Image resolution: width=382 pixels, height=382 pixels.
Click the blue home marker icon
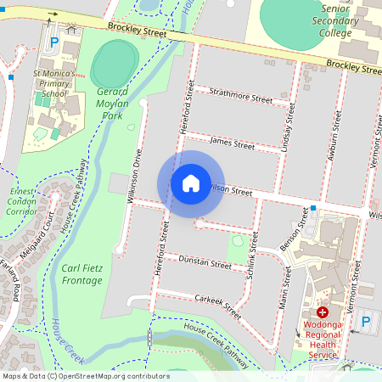tap(191, 183)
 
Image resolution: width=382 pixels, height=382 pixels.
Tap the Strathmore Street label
tap(240, 96)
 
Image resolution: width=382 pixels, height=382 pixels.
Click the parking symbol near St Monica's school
tap(55, 42)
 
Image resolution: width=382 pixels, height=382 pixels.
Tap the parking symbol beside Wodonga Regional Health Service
tap(366, 321)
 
